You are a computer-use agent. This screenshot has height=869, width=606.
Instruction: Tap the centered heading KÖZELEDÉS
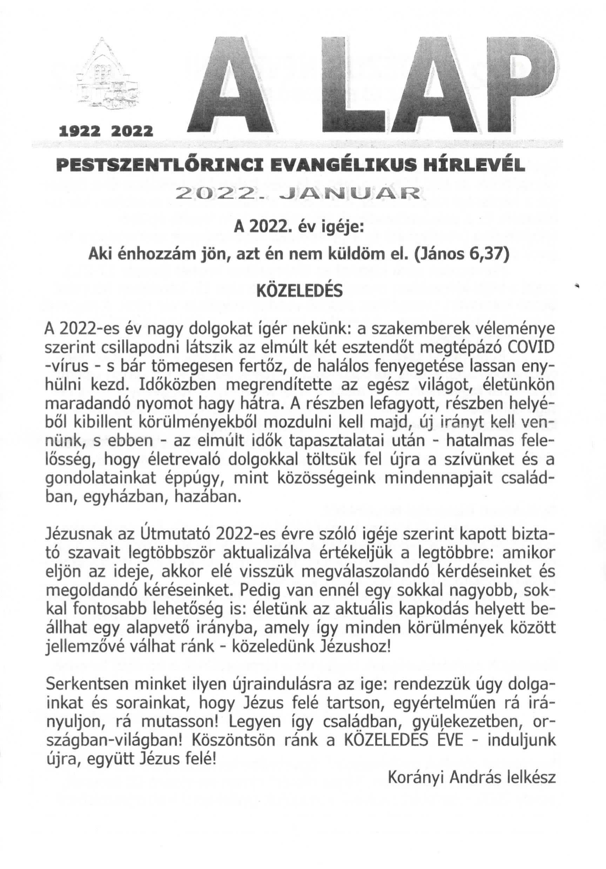pyautogui.click(x=299, y=291)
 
